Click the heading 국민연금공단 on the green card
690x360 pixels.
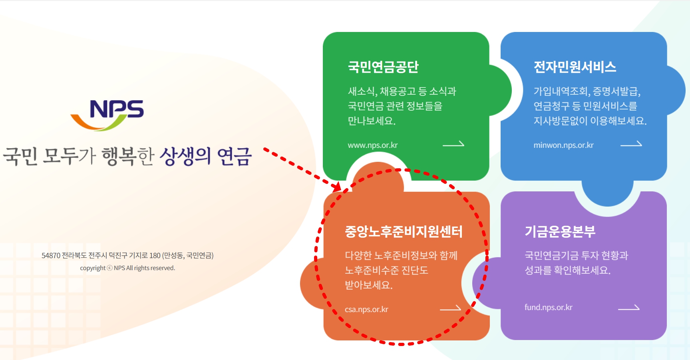[383, 67]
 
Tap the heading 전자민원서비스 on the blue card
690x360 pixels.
[575, 67]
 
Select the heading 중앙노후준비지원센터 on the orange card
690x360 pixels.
[404, 232]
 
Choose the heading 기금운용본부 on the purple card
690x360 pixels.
[560, 231]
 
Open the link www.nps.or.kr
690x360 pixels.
[372, 145]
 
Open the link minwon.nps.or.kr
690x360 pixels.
[563, 145]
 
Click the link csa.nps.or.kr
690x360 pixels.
[366, 309]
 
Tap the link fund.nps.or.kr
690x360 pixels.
[548, 307]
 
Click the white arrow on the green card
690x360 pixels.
[453, 144]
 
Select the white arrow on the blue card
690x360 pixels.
[631, 144]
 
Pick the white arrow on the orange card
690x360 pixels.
[450, 308]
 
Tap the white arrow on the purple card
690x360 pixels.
[629, 308]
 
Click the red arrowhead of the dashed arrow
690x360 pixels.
[337, 186]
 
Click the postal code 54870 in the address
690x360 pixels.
[51, 255]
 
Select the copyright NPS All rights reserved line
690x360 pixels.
[127, 268]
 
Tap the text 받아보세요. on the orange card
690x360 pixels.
[368, 285]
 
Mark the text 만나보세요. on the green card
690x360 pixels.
[372, 121]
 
